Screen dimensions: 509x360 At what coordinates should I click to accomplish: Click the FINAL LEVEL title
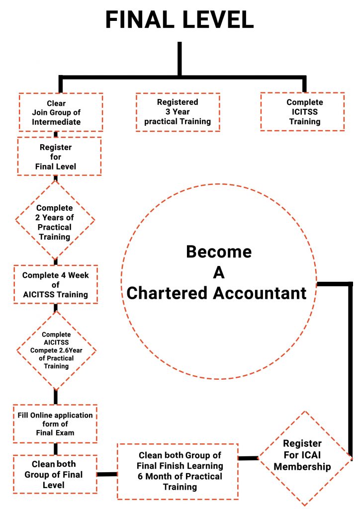180,19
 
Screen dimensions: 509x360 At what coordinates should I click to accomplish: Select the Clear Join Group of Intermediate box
61,113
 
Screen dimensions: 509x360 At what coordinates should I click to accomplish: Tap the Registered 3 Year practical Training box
178,112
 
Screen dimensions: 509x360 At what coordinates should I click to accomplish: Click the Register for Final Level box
59,157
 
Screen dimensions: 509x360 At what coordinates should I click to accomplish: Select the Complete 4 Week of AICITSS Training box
55,285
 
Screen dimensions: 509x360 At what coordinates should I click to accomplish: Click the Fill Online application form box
55,424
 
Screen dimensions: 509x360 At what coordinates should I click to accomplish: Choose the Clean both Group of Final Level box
55,474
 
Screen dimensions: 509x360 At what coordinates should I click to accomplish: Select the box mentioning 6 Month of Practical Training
178,471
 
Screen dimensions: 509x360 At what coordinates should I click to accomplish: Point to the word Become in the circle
219,252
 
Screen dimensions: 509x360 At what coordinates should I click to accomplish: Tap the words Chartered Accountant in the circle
217,293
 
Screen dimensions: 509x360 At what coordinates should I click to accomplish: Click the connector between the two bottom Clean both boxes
107,474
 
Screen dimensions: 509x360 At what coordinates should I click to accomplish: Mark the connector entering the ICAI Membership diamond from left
248,458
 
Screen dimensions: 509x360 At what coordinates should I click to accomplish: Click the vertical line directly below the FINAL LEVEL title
180,59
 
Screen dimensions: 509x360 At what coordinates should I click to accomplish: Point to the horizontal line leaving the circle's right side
334,284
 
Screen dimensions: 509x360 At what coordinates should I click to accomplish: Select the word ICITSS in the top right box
304,112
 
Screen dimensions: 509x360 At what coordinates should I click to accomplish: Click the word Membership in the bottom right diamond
302,467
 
